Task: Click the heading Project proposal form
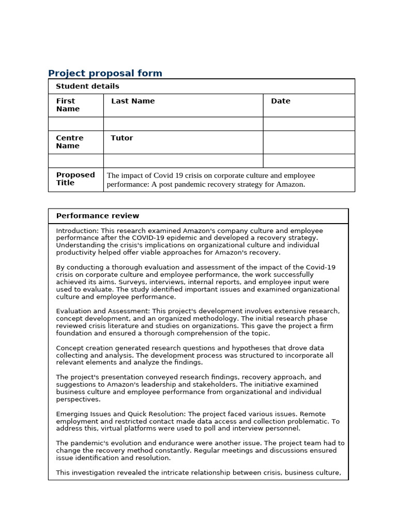(x=105, y=73)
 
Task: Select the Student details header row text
(x=87, y=86)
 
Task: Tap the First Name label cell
(x=68, y=105)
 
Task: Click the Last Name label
(x=133, y=101)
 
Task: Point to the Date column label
(x=281, y=101)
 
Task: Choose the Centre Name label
(x=69, y=142)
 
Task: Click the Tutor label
(x=121, y=138)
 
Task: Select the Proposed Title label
(x=75, y=179)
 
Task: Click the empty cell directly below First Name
(x=76, y=124)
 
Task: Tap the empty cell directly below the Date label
(x=309, y=124)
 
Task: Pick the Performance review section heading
(x=97, y=216)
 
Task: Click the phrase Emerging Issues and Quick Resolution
(x=121, y=414)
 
